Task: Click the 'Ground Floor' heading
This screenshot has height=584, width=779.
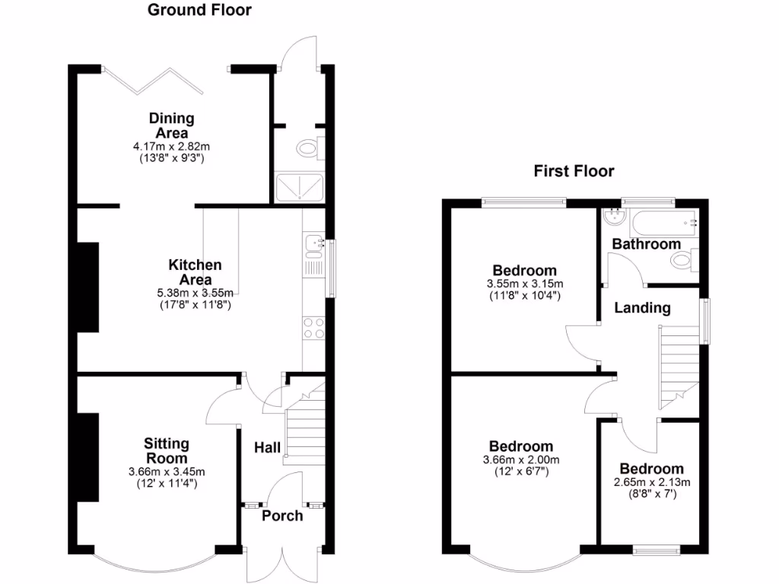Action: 199,10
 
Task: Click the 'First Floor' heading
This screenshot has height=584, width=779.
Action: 574,171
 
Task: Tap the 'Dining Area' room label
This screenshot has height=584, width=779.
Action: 171,125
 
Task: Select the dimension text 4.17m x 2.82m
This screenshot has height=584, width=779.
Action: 171,146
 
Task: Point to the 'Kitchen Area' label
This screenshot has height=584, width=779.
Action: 195,272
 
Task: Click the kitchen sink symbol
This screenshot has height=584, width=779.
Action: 314,245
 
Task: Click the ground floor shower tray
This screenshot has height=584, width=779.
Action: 299,186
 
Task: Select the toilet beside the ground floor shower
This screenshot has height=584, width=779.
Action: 311,146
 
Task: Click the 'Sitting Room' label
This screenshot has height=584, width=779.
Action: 167,451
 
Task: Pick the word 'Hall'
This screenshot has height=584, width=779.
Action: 267,448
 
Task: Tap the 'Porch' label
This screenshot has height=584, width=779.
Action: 282,516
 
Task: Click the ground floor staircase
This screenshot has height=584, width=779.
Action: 304,430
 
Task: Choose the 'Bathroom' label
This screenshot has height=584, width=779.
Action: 647,244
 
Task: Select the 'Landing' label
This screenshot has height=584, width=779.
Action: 642,308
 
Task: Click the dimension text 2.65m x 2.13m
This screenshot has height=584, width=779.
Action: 650,482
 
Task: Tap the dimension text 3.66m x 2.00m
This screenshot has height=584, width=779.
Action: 521,460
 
